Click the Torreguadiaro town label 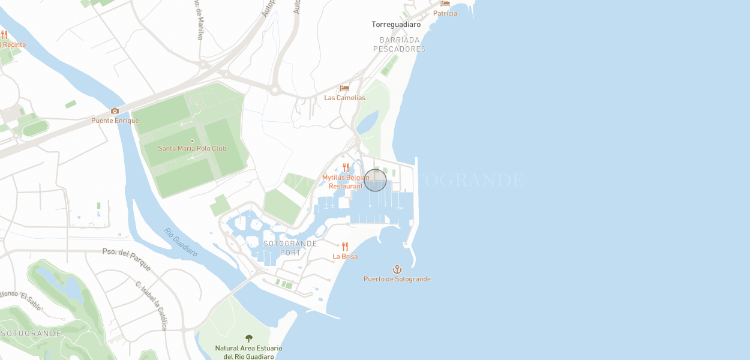[x=396, y=25]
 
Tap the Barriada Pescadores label [x=399, y=44]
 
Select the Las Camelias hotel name [x=344, y=98]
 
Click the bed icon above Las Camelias [x=344, y=88]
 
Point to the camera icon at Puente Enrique [x=115, y=111]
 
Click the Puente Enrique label [x=115, y=121]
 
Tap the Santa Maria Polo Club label [x=192, y=148]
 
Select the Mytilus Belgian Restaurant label [x=346, y=182]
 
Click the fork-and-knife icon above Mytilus [x=346, y=167]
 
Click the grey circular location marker [x=375, y=180]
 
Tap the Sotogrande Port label [x=290, y=248]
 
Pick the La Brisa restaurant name [x=345, y=256]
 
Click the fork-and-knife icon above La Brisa [x=344, y=246]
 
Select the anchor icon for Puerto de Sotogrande [x=397, y=269]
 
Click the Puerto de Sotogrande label [x=397, y=279]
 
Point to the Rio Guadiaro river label [x=181, y=242]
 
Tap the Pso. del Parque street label [x=127, y=259]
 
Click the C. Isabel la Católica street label [x=151, y=305]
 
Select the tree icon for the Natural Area [x=249, y=338]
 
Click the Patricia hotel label [x=445, y=13]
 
